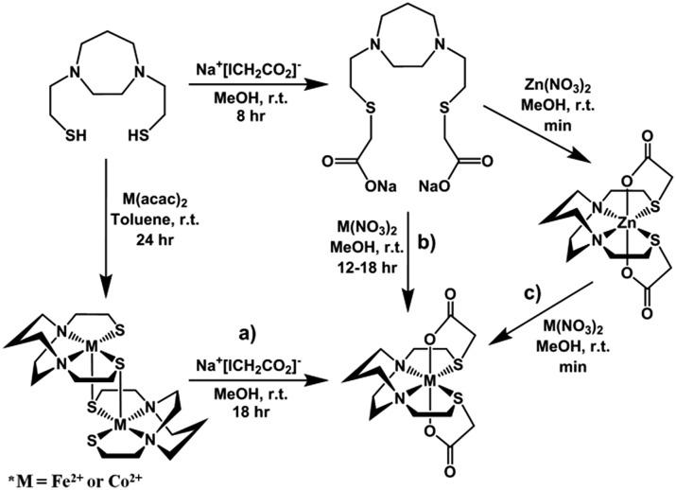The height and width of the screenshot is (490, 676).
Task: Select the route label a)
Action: pyautogui.click(x=249, y=334)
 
